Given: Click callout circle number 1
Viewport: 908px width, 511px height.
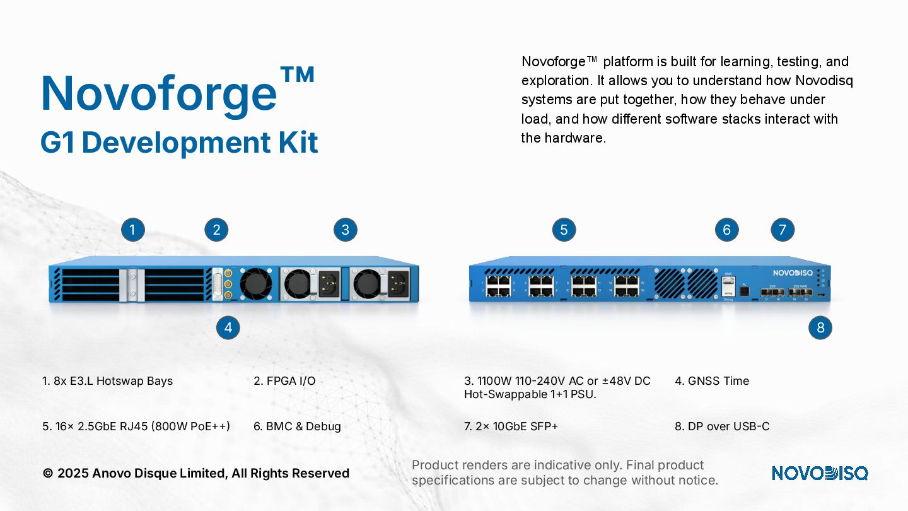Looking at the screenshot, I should tap(132, 230).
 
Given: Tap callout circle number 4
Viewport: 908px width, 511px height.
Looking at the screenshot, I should tap(228, 327).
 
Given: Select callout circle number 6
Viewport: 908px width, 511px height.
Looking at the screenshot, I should tap(726, 230).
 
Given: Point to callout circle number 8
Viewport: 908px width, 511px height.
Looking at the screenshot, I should tap(820, 327).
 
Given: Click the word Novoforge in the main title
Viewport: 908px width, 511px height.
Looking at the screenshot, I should tap(159, 93).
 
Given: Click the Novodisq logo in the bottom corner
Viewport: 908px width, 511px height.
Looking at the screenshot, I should tap(819, 473).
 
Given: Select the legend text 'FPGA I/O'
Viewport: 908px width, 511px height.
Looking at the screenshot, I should tap(291, 381).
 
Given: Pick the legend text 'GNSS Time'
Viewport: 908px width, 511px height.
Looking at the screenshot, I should tap(718, 381).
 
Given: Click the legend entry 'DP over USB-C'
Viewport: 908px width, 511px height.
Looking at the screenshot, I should tap(728, 426).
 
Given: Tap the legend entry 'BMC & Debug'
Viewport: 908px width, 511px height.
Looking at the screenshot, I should tap(303, 426).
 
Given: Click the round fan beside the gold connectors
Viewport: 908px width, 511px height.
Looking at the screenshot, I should tap(256, 284).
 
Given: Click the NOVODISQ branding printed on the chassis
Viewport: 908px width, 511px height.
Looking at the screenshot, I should tap(793, 273).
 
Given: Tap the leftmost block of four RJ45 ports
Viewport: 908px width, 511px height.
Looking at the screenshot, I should tap(498, 286).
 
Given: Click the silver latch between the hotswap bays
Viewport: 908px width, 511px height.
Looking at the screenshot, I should tap(133, 285).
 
